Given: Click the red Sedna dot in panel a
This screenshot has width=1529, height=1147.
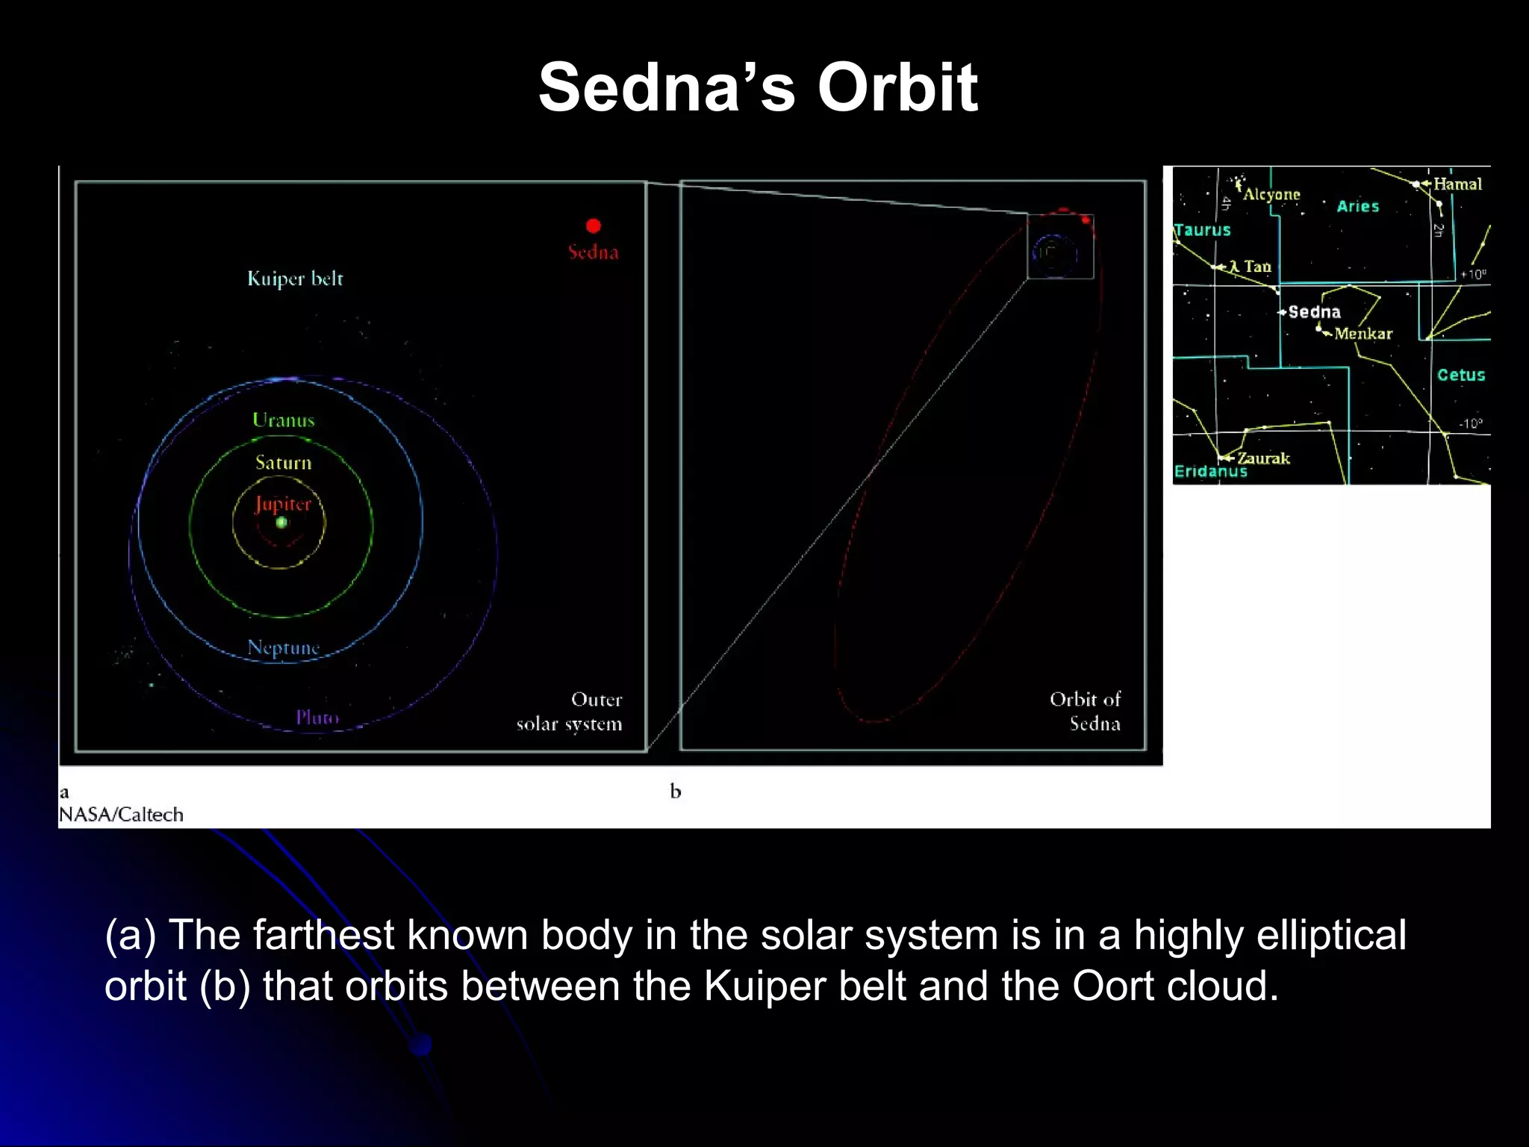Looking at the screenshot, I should [594, 226].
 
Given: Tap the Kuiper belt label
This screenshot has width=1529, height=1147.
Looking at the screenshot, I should [295, 279].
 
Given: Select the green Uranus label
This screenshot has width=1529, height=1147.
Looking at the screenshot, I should [283, 420].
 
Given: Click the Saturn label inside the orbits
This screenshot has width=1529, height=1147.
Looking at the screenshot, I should [283, 463].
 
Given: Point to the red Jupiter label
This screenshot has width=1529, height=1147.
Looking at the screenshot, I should [282, 504].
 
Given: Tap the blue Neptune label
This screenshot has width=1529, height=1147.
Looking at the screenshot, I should [283, 647].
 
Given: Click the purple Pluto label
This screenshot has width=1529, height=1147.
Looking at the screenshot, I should [317, 718].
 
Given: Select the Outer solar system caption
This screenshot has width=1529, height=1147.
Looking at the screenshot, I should [570, 712].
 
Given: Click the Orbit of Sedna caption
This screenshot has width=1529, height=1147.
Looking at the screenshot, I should [1086, 711].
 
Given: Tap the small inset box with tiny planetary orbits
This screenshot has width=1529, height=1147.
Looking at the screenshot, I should [1060, 247].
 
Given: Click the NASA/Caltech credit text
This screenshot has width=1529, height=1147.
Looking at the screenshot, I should [121, 815].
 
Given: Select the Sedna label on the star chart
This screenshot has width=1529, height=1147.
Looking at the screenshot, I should [1314, 312].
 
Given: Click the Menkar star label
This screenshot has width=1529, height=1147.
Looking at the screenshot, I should [1363, 334].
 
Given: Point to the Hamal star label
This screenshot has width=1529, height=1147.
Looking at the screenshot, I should [1457, 184].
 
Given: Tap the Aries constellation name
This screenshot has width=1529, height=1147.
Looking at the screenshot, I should [1357, 207].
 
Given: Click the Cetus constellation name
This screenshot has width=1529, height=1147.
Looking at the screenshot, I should [1461, 375].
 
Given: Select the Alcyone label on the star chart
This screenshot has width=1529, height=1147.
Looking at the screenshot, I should [1271, 195].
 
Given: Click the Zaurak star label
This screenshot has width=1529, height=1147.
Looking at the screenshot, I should [1263, 459].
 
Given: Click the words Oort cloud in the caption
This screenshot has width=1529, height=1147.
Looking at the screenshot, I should [1175, 986].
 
